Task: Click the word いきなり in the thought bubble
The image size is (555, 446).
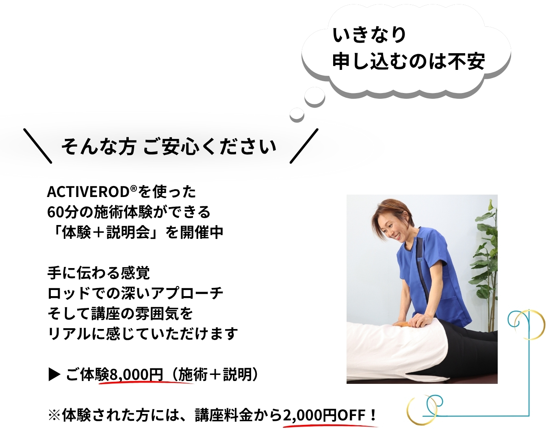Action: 369,35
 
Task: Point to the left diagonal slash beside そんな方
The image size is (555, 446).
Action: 38,146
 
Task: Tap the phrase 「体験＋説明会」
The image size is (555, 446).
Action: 105,232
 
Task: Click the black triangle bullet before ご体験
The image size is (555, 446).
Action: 54,375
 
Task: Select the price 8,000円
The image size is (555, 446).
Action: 136,375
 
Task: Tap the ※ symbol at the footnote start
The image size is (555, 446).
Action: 54,416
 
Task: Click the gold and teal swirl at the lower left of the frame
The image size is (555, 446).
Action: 425,408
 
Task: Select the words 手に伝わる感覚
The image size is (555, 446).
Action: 99,273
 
